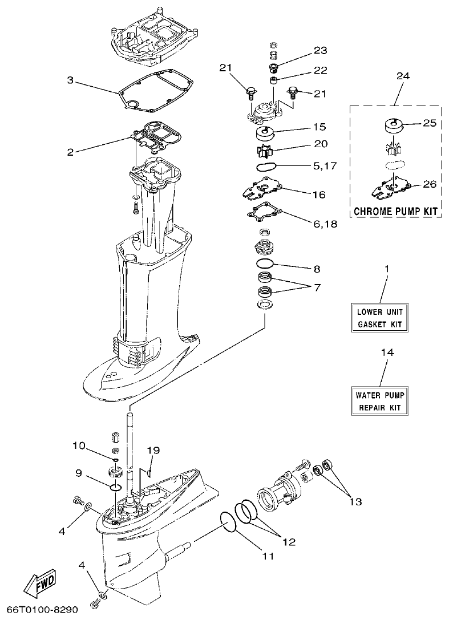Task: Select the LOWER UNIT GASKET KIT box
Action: coord(380,318)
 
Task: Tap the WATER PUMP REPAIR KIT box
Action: coord(380,400)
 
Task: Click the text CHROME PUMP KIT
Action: coord(395,211)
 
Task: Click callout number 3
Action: coord(70,80)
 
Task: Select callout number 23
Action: coord(320,50)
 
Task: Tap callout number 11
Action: coord(268,555)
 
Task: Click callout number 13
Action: coord(355,501)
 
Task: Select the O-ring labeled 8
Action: coord(264,264)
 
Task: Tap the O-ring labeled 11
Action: coord(228,521)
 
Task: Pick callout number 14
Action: coord(387,353)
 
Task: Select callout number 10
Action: coord(79,445)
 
